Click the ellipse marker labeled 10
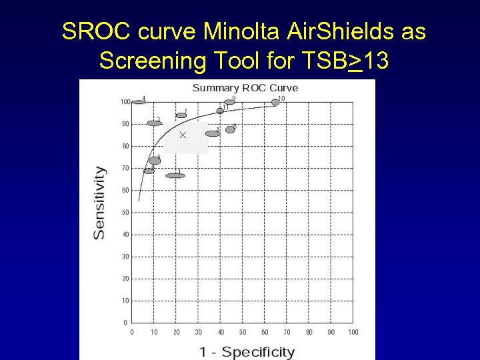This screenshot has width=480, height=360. pos(275,102)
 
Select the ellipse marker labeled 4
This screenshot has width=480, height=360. pos(138,102)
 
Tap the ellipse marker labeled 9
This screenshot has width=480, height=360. pos(229,102)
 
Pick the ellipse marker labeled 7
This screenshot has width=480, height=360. pos(181,115)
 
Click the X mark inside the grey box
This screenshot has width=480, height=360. pos(183,135)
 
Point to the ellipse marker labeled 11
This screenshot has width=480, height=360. pos(220,111)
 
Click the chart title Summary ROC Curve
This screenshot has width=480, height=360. pos(245,88)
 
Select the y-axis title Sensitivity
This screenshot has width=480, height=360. pos(99,202)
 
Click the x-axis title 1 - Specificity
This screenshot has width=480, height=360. pos(246,351)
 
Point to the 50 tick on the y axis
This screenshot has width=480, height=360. pos(125,213)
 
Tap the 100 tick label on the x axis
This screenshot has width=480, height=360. pos(353,332)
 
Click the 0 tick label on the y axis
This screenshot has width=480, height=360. pos(126,323)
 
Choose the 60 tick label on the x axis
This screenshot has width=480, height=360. pos(265,332)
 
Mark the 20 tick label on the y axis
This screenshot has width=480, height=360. pos(125,279)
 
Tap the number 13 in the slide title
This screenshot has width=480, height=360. pos(377,61)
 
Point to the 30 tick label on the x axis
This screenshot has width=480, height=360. pos(198,332)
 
